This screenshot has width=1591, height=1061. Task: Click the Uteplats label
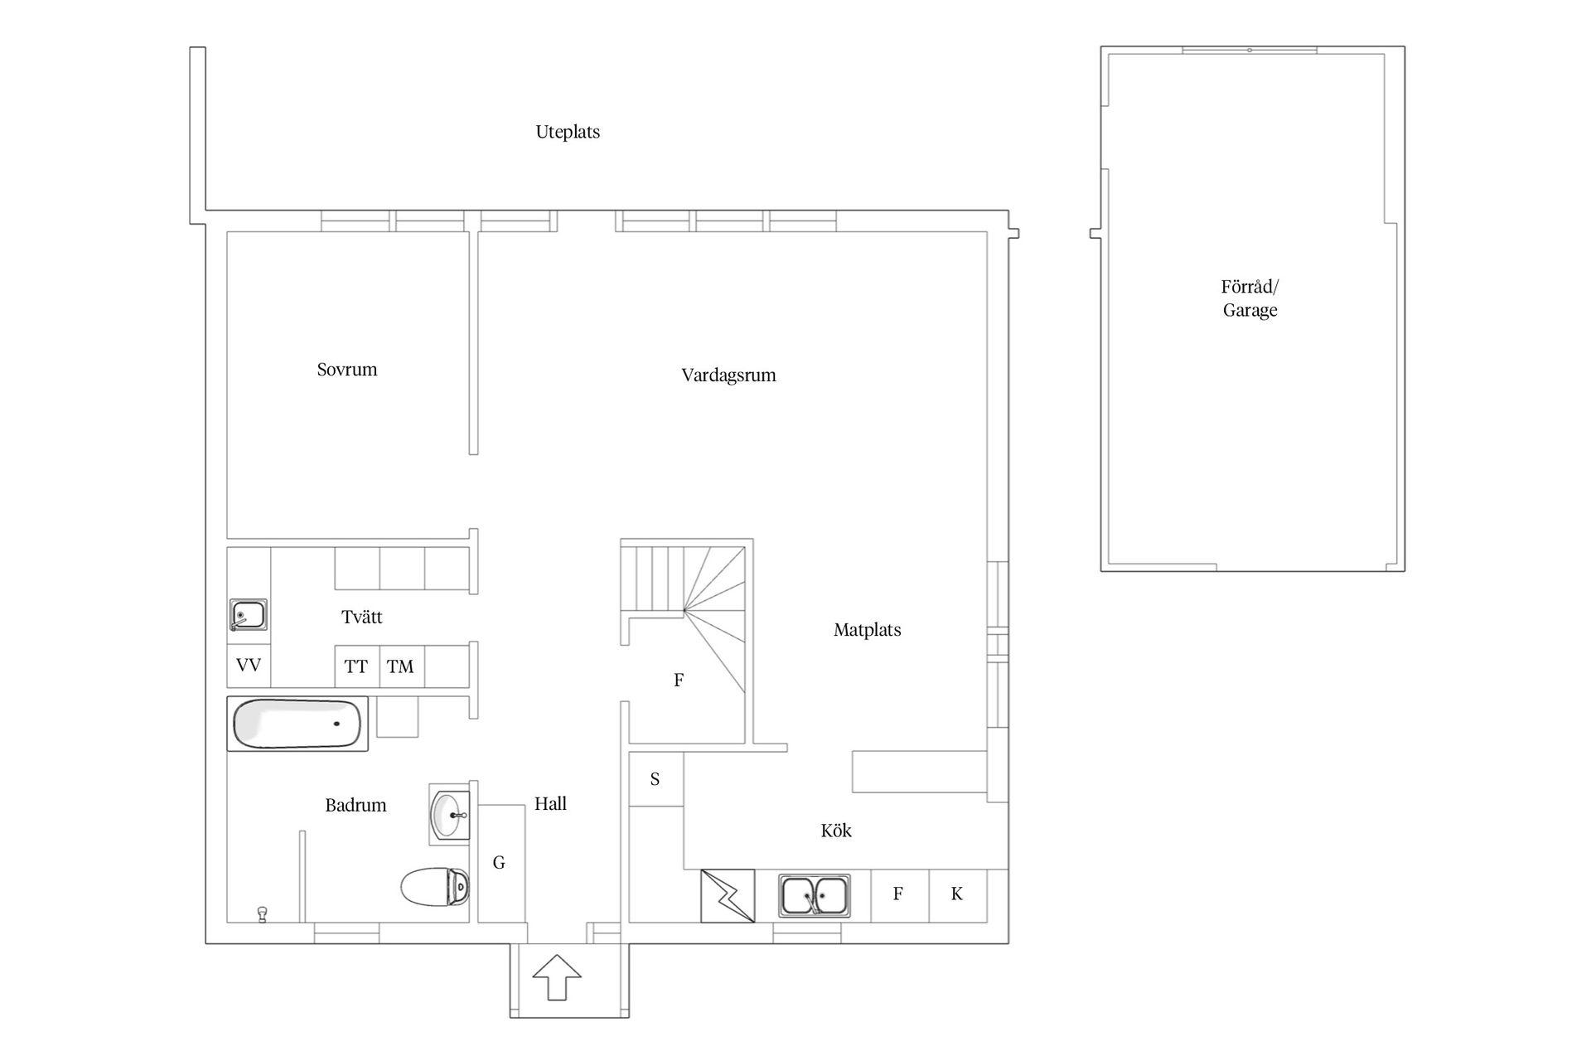point(568,132)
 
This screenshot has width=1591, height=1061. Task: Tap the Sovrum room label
point(347,370)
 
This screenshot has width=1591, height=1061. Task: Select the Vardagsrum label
point(728,375)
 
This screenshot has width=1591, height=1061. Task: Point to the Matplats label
point(867,630)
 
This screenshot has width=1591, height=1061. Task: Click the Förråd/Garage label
point(1250,298)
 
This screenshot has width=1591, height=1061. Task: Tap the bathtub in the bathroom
point(297,724)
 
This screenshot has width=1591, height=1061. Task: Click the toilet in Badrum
point(435,887)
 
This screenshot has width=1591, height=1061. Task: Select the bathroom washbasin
point(450,814)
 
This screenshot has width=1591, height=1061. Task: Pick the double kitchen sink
point(815,896)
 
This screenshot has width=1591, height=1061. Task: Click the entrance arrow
point(557,977)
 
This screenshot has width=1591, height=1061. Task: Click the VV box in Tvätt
point(249,666)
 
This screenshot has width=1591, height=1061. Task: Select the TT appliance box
point(357,666)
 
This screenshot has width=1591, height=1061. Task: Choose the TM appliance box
point(402,666)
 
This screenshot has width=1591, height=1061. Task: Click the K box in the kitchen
point(958,895)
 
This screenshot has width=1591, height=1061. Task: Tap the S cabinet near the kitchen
point(655,779)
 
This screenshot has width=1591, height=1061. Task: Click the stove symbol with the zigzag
point(728,895)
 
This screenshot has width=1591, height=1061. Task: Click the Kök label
point(836,831)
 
